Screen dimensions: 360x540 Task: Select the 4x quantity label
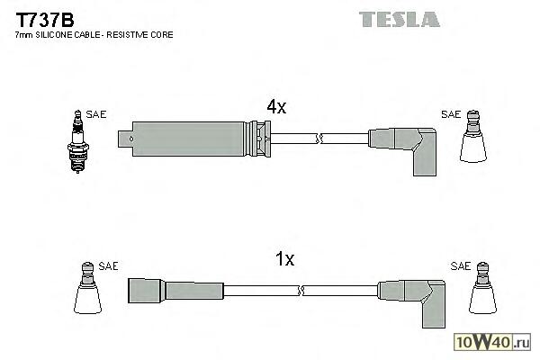pos(276,107)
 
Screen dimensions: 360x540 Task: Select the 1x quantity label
pos(284,259)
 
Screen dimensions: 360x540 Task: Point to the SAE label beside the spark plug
pos(97,115)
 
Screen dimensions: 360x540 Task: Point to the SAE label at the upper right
pos(451,115)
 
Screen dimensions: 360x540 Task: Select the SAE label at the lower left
pos(108,266)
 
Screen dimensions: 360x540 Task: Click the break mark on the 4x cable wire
pos(319,138)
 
